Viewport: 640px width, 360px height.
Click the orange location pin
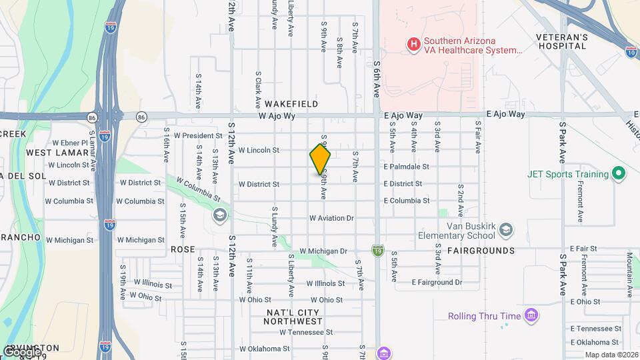point(320,160)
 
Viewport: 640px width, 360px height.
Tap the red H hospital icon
point(413,45)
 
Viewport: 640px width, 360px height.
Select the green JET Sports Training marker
point(618,174)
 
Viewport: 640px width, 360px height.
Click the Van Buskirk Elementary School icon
point(506,230)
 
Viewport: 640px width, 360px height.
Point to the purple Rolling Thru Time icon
point(531,315)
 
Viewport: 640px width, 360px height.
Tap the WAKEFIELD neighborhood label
point(291,105)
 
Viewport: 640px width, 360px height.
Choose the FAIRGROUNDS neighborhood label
point(481,251)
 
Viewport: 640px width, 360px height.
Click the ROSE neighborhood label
point(183,249)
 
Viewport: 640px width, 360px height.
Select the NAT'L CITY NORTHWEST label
point(293,317)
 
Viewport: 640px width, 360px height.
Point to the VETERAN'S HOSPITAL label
point(563,41)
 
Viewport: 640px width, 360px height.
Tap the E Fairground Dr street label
point(437,283)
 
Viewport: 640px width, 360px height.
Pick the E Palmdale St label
point(405,167)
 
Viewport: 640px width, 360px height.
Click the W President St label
point(197,135)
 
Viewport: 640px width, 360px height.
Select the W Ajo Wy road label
point(277,115)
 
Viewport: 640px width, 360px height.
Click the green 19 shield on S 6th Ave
point(378,249)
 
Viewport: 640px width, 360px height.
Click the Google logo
point(21,351)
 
